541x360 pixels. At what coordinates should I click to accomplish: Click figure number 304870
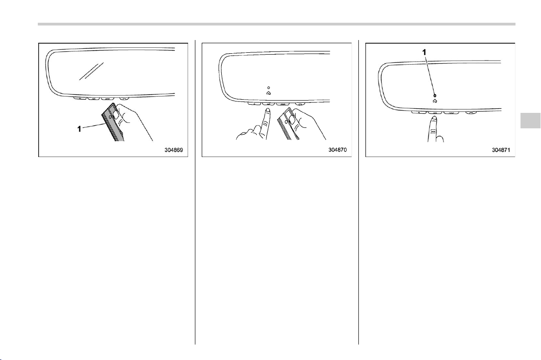coord(337,150)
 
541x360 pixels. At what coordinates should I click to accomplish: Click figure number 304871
coord(501,150)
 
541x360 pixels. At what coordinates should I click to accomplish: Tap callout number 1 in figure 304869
coord(79,129)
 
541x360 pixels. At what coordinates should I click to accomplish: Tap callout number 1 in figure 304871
coord(425,52)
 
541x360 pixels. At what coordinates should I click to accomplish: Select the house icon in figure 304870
coord(269,93)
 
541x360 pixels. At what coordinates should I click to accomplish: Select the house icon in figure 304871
coord(435,101)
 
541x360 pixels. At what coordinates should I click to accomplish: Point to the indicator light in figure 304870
coord(269,87)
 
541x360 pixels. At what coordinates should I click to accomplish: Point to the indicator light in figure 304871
coord(435,96)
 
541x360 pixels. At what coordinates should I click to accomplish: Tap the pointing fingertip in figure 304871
coord(434,119)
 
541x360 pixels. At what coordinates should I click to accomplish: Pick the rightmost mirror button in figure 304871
coord(471,112)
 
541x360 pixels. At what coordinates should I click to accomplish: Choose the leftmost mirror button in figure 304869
coord(80,99)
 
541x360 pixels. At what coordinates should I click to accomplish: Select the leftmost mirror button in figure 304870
coord(254,103)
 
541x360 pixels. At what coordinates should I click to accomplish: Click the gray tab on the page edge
coord(531,119)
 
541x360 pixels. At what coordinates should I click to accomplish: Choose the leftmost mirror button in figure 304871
coord(418,112)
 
